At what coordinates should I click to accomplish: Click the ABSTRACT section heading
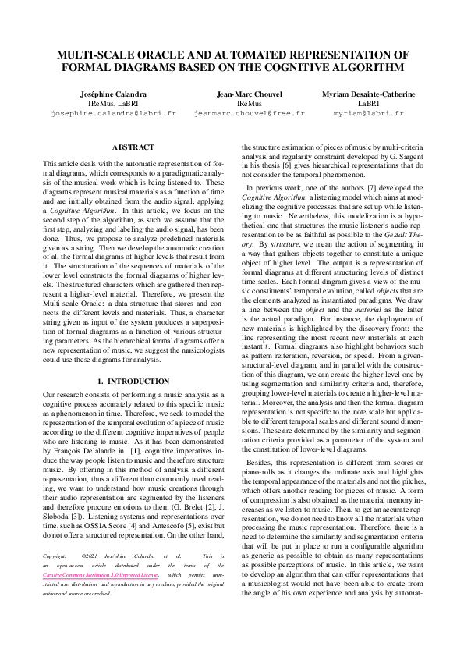[133, 147]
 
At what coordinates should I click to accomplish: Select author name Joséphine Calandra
[113, 94]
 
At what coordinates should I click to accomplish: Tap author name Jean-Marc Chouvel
[249, 94]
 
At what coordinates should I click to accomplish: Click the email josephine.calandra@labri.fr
[113, 113]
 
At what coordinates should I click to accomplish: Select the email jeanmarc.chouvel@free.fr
[249, 113]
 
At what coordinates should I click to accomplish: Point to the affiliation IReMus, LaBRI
[113, 103]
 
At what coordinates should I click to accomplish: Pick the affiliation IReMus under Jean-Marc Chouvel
[249, 103]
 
